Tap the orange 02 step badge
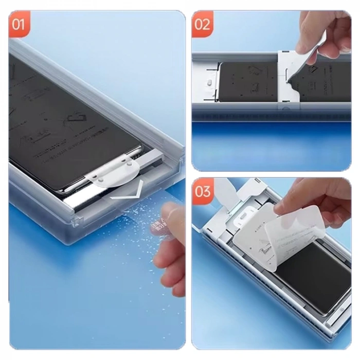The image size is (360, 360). pos(203,24)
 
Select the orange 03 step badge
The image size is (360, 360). pos(203,191)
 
